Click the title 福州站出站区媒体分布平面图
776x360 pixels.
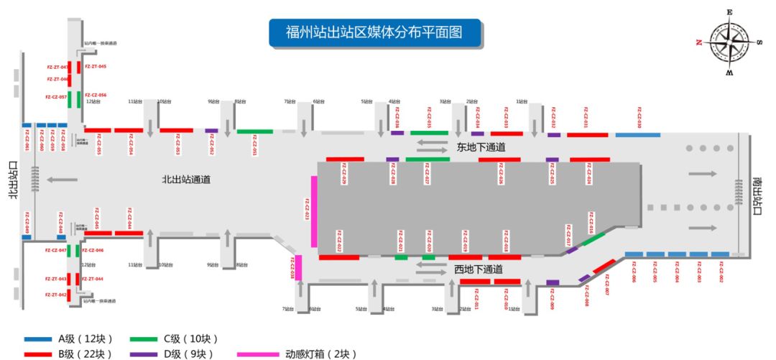pos(374,33)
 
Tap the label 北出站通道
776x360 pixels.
pos(186,180)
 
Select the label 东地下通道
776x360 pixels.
pos(480,147)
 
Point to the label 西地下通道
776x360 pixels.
pos(478,269)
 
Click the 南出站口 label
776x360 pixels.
pos(757,195)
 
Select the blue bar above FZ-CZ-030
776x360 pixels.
pos(637,135)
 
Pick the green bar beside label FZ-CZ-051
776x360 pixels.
pos(255,131)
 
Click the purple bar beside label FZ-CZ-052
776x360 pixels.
pos(211,131)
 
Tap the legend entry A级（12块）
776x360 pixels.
pos(68,338)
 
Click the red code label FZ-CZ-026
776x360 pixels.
pos(502,176)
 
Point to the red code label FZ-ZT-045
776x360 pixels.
pos(96,66)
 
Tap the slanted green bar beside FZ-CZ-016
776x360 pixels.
pos(593,239)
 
